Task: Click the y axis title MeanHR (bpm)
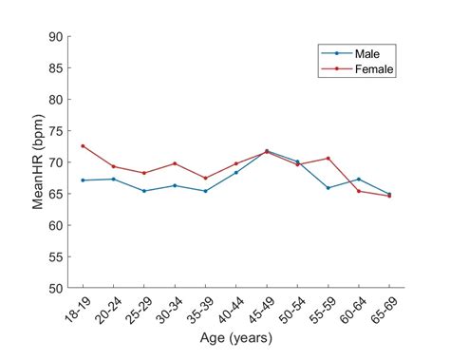[x=38, y=161]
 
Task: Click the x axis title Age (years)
[x=235, y=338]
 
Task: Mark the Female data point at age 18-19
[x=83, y=146]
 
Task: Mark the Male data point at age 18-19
[x=83, y=180]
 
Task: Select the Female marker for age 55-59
[x=328, y=159]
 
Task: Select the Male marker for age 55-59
[x=328, y=188]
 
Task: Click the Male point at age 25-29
[x=144, y=191]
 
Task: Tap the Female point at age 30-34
[x=175, y=163]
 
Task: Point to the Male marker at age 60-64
[x=359, y=179]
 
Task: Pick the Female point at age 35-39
[x=205, y=178]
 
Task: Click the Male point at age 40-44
[x=236, y=172]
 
